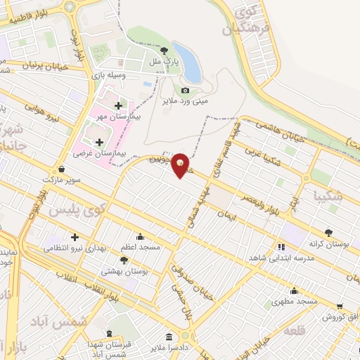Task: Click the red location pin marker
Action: coord(182,165)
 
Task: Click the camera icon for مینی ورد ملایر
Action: coord(185,90)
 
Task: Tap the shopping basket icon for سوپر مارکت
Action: coord(63,169)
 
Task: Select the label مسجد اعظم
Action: coord(140,247)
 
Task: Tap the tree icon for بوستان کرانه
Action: coord(328,233)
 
